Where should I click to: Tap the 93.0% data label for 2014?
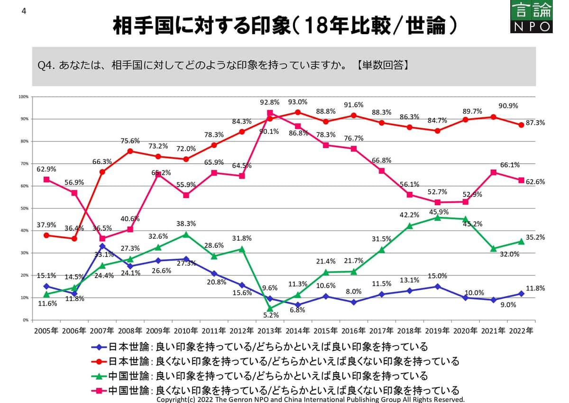297,102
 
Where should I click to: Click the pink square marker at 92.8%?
270,113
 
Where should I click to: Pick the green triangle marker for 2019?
437,217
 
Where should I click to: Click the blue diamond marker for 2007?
102,246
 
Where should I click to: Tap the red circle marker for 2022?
521,125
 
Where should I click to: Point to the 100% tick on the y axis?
23,96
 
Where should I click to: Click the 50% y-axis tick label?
24,208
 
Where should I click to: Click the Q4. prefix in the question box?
47,66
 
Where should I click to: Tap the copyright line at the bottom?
310,400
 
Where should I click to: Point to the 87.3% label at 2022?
535,122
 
